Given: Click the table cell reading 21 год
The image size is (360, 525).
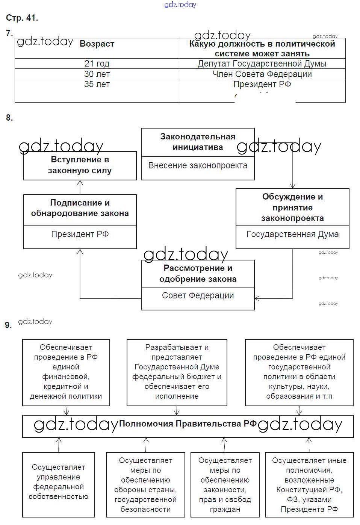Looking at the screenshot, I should click(x=97, y=64).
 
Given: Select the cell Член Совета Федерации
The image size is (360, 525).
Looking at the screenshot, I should click(x=262, y=74).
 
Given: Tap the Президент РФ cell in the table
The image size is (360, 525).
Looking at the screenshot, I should click(x=262, y=84).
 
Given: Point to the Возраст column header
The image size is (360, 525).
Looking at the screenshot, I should click(x=97, y=44).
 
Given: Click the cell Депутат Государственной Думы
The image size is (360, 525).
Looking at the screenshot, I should click(x=262, y=64).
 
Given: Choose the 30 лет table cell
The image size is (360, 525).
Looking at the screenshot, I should click(x=97, y=74).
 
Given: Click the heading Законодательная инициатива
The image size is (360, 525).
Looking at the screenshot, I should click(x=198, y=142).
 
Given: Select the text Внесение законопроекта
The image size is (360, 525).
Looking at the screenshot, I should click(x=198, y=165).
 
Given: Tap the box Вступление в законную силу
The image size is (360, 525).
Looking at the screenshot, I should click(x=80, y=165).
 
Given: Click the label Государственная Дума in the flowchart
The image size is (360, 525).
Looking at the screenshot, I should click(x=292, y=235).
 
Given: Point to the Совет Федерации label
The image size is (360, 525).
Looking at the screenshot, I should click(x=198, y=296).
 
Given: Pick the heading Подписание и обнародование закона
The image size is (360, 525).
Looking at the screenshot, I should click(x=80, y=208).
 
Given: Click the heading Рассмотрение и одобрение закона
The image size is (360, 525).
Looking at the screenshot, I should click(x=198, y=274).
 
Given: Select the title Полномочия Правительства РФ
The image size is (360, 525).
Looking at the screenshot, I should click(x=188, y=424).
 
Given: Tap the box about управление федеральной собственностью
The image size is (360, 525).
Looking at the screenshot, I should click(x=59, y=482).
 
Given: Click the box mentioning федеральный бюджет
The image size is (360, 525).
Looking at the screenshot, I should click(x=177, y=372).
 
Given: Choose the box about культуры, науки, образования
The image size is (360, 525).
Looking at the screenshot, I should click(x=299, y=372).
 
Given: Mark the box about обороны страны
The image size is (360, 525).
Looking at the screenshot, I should click(x=145, y=484).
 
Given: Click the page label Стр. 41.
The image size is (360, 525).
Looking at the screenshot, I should click(x=22, y=18).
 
